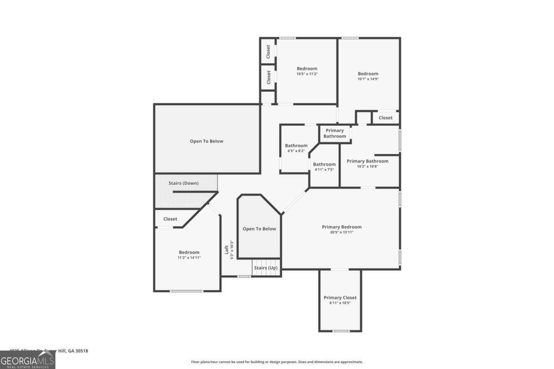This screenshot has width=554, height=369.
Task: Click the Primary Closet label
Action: [x=340, y=298]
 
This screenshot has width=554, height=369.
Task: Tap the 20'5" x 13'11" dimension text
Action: [x=342, y=232]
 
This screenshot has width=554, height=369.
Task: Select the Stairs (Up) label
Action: [x=266, y=268]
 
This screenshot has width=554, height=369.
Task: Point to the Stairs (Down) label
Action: [x=183, y=183]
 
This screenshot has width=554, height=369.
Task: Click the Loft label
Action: [x=227, y=250]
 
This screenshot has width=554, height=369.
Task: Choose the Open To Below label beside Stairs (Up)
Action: [x=259, y=229]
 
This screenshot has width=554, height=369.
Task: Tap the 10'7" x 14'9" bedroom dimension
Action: [x=368, y=79]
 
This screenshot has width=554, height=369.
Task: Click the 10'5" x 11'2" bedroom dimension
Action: [x=307, y=74]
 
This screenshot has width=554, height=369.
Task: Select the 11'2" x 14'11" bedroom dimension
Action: [x=189, y=257]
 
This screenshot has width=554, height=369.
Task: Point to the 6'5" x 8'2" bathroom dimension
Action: [x=296, y=151]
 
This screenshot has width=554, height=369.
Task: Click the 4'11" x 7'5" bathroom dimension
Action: [x=324, y=169]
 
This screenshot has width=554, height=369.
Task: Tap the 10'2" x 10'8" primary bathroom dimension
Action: [x=367, y=166]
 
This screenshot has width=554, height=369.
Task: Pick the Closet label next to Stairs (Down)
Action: [x=170, y=219]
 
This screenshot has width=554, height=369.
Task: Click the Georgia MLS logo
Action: [x=27, y=360]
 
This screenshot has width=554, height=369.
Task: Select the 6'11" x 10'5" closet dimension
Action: [x=340, y=303]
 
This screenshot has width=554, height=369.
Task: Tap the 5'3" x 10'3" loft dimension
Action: [x=232, y=250]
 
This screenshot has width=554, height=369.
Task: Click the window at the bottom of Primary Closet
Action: [x=341, y=331]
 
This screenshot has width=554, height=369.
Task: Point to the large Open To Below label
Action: [x=206, y=141]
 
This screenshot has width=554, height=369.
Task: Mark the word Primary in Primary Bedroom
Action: [x=331, y=227]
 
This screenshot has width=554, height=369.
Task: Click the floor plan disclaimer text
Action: [x=277, y=362]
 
